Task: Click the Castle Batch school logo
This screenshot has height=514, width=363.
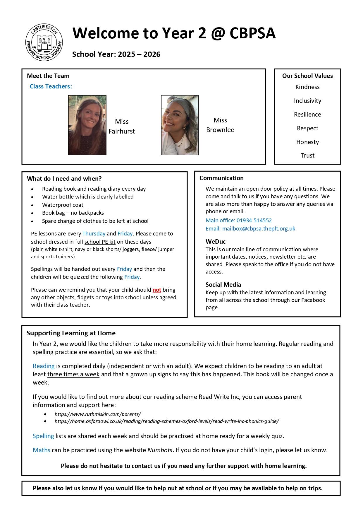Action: pos(44,42)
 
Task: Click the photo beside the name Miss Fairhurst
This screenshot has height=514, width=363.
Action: pos(87,125)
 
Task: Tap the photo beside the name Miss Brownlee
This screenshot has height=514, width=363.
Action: pos(180,125)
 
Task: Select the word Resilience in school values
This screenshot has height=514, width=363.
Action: pos(307,115)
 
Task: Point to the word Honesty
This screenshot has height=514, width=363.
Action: pos(307,142)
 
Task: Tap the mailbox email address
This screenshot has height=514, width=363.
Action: pos(259,228)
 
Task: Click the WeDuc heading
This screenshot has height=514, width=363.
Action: pos(216,242)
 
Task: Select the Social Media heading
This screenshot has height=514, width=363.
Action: pos(223,285)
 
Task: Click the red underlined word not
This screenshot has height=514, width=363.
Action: pos(157,290)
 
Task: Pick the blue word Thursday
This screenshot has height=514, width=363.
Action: pos(94,234)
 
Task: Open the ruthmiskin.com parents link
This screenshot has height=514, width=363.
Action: pos(98,414)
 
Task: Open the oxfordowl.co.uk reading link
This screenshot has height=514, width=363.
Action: pos(167,421)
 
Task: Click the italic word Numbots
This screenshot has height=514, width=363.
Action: pos(160,450)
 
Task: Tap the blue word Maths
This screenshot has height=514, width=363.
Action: pos(41,450)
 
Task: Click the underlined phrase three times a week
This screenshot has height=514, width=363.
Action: pos(73,374)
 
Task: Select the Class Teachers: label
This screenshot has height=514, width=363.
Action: pos(51,86)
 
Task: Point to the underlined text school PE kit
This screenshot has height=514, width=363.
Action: pos(100,242)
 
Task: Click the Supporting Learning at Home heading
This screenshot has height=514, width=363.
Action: pos(71,333)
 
